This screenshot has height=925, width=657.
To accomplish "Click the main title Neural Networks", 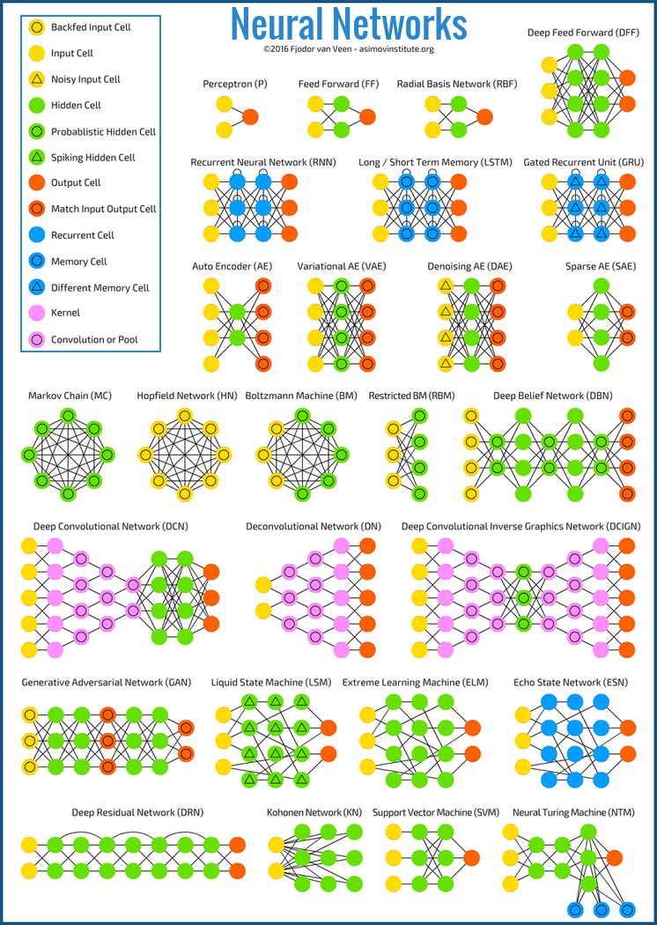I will tap(349, 24).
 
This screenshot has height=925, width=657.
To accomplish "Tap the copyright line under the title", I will tap(349, 49).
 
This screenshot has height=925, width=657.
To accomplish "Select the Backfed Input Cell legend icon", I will tap(37, 27).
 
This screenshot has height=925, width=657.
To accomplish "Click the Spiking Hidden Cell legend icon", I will tap(37, 158).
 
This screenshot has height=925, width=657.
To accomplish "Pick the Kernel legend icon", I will tap(37, 313).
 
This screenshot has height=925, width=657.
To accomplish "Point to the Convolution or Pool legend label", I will tap(94, 340).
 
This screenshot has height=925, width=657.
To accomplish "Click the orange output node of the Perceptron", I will tap(250, 116).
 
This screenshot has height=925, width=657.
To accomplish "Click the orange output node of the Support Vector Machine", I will tap(471, 857).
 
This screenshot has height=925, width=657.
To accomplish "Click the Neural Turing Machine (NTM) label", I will tap(572, 812).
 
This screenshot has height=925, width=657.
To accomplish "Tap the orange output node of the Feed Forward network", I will tap(368, 116).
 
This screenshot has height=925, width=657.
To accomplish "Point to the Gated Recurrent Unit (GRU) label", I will tap(583, 163).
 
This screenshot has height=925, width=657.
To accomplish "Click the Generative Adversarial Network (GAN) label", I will tap(105, 683).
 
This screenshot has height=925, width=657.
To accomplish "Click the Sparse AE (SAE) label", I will tap(601, 266).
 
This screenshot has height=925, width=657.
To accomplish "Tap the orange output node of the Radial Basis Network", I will tap(486, 116).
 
